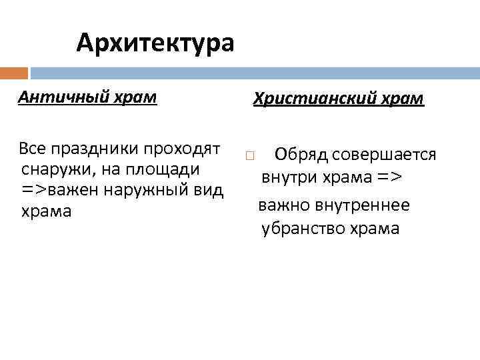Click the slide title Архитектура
click(x=155, y=43)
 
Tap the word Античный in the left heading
click(x=54, y=97)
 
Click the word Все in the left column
click(x=33, y=147)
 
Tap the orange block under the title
click(x=14, y=73)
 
